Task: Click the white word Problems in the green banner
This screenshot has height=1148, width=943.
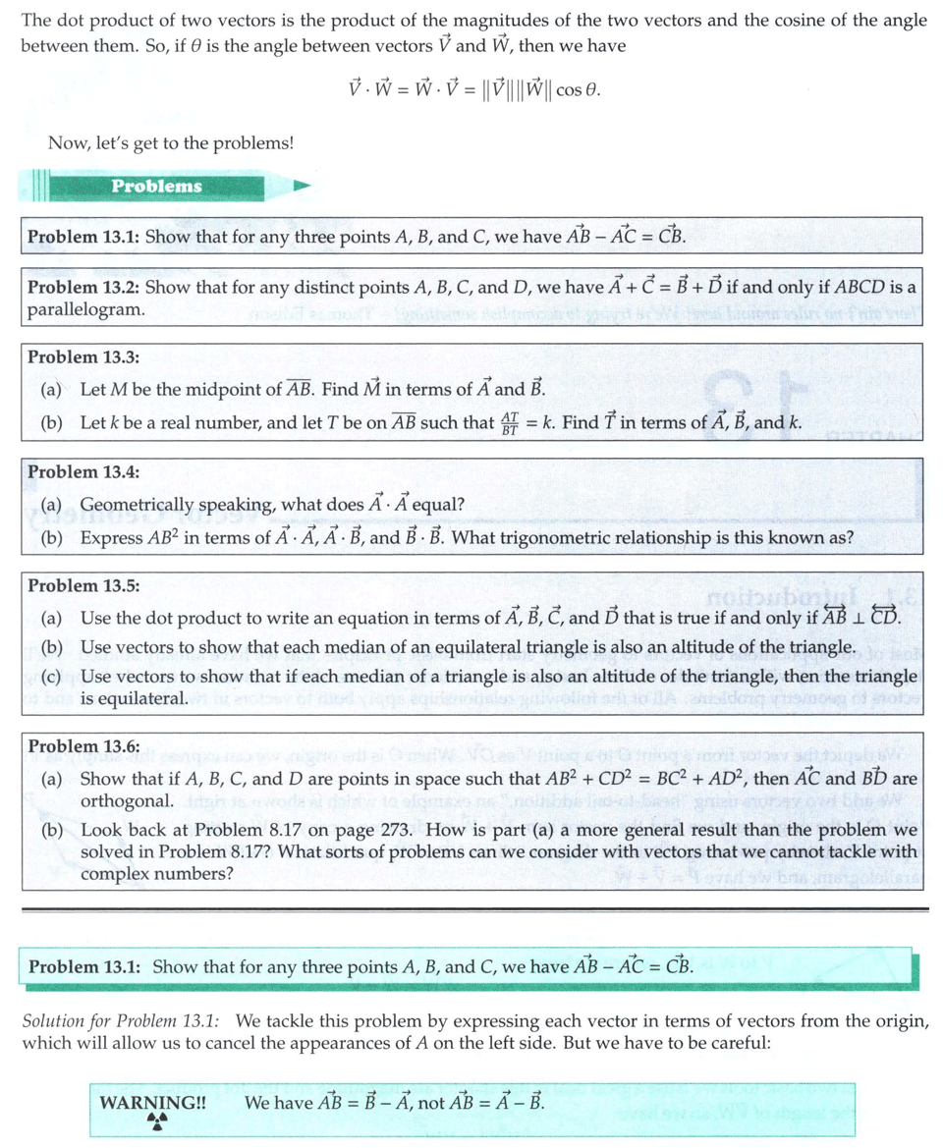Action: click(156, 186)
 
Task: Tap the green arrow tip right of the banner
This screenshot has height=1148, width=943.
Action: click(303, 185)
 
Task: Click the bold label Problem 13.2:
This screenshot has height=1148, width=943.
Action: click(83, 288)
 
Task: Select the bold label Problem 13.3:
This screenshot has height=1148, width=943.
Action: click(83, 357)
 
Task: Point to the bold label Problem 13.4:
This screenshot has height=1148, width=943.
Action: click(83, 471)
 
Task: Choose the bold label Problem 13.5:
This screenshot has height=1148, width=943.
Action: click(83, 585)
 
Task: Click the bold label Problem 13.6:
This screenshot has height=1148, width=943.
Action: click(83, 747)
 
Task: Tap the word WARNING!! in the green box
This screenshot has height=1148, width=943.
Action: click(153, 1102)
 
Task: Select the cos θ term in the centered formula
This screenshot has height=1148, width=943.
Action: click(577, 90)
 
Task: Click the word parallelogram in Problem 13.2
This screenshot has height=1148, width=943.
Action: click(85, 309)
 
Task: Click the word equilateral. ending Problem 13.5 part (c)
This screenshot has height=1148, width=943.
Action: click(134, 698)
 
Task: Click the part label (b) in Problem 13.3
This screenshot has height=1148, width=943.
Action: click(52, 424)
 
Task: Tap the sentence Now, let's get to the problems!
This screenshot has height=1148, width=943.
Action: click(171, 143)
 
